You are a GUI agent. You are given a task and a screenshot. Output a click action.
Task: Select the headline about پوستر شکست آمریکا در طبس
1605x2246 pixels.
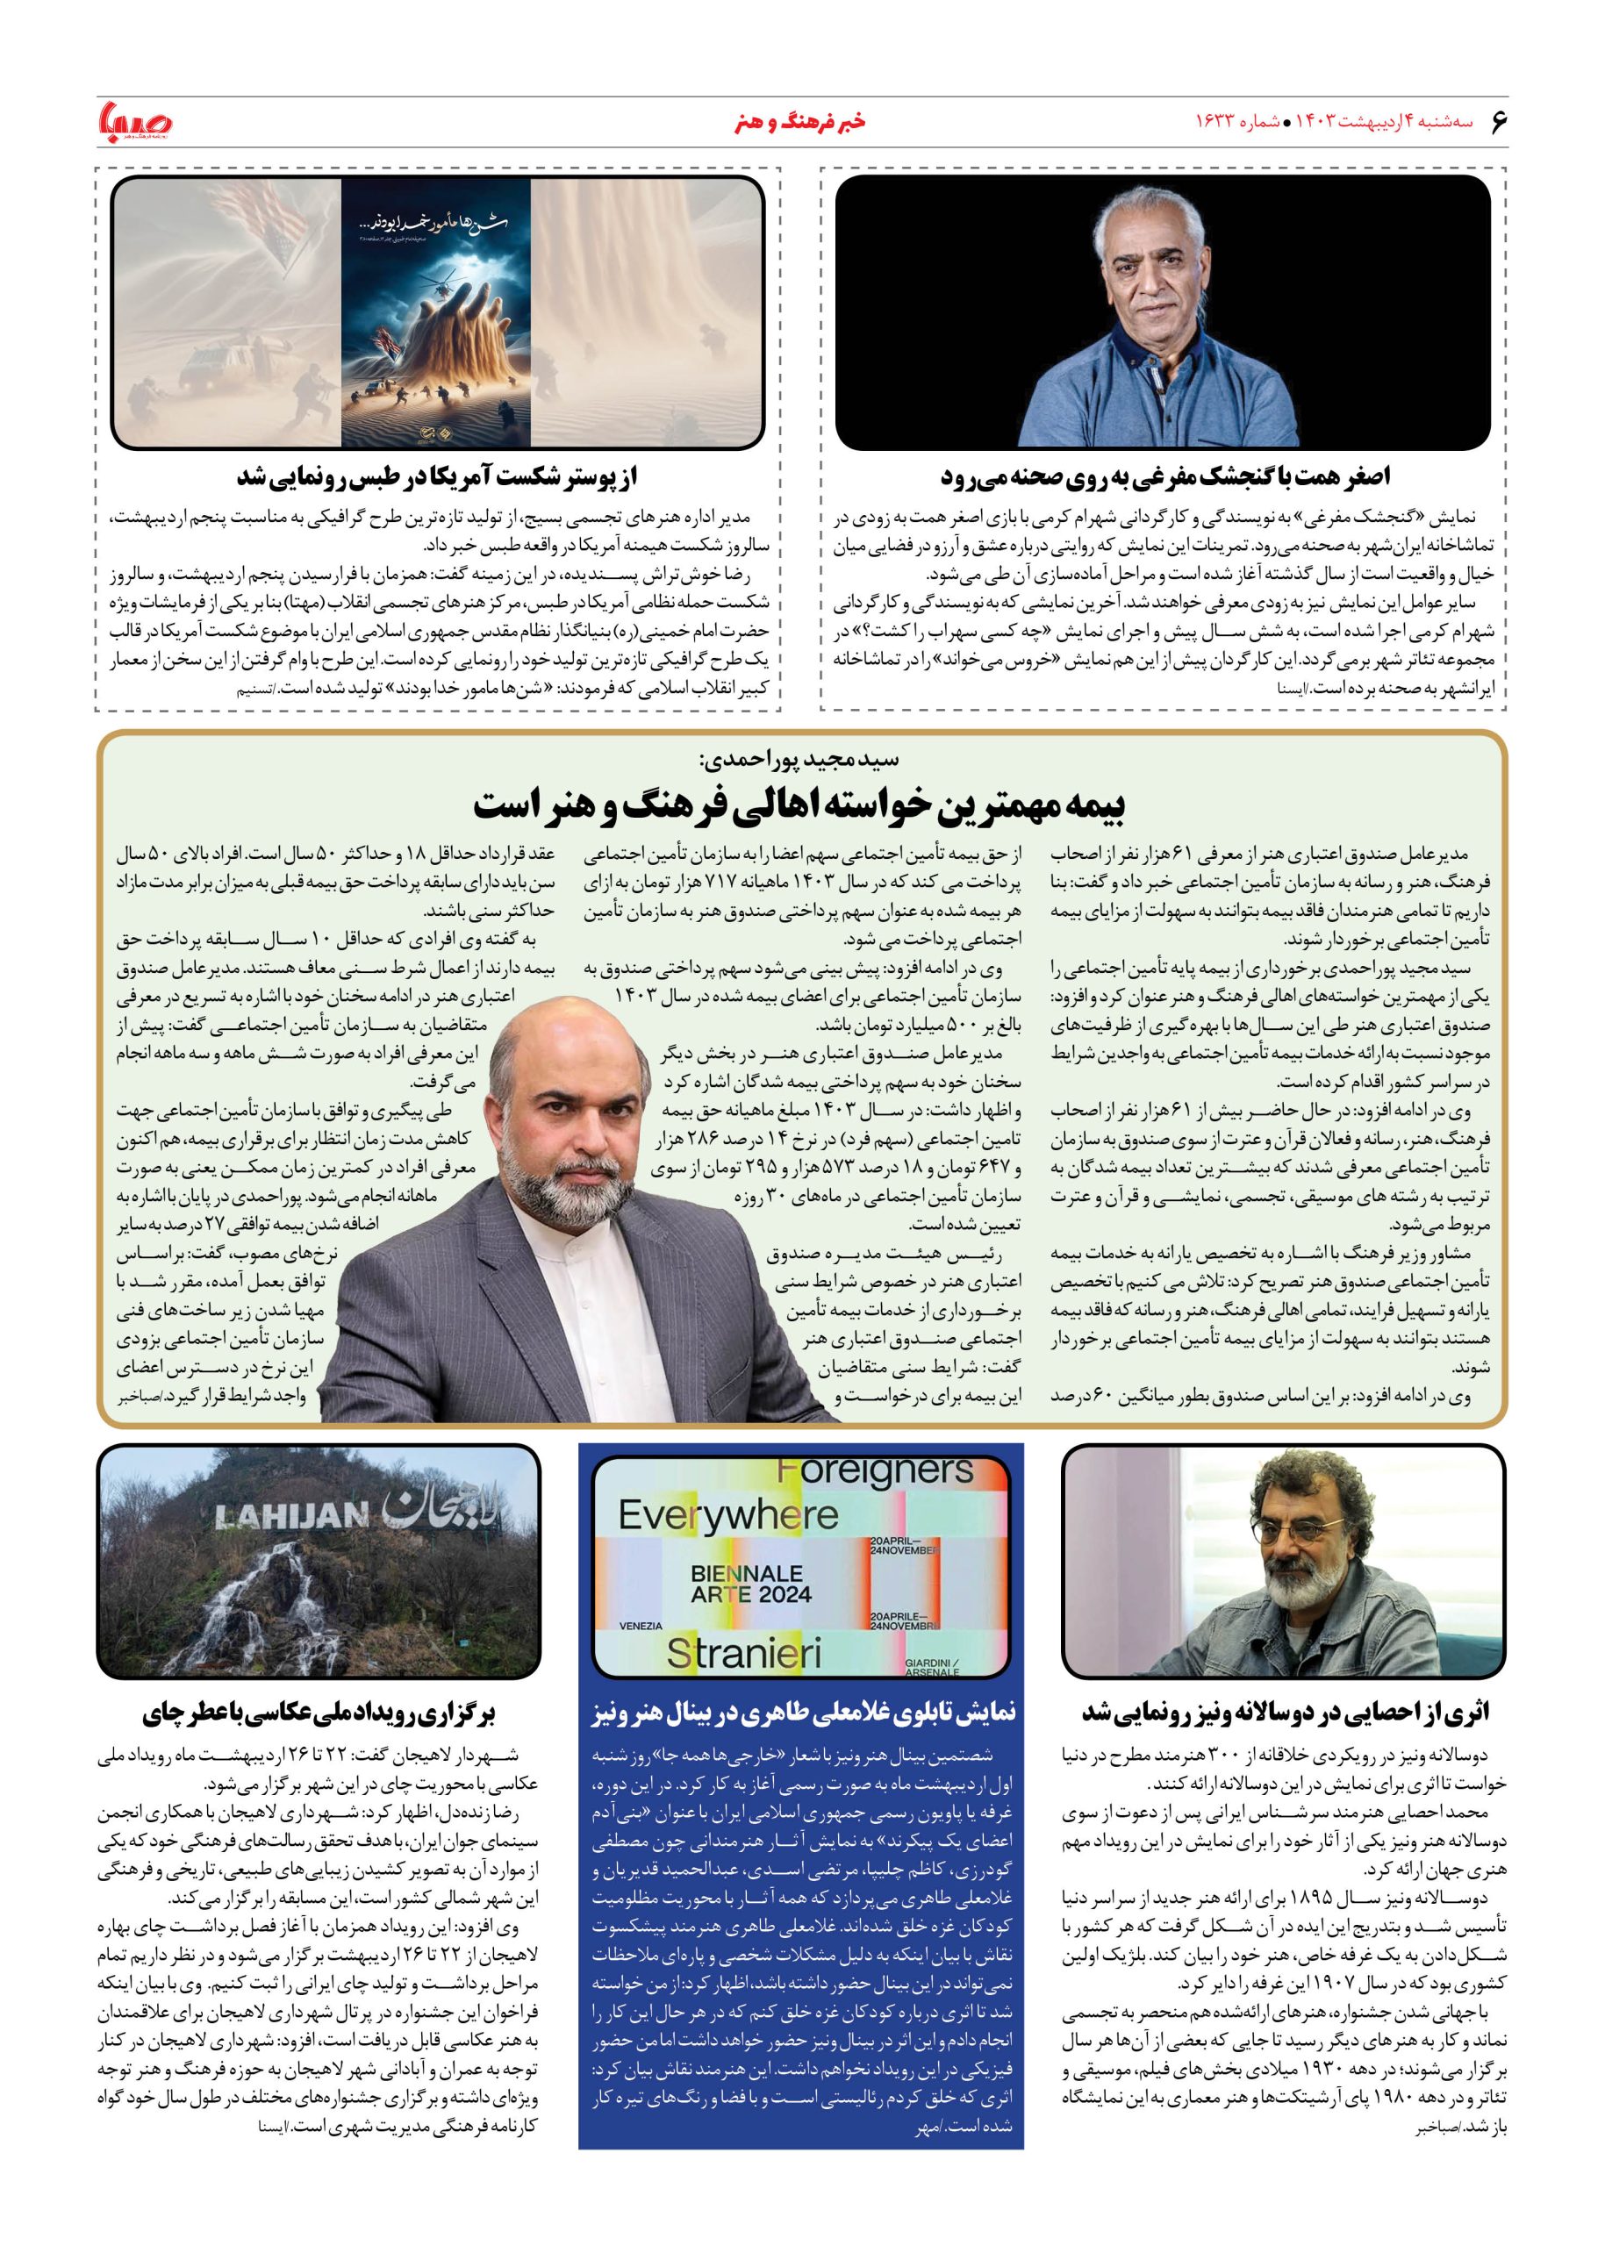pos(438,478)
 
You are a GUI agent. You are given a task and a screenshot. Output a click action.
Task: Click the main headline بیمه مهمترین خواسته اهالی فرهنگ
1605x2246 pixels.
pos(801,806)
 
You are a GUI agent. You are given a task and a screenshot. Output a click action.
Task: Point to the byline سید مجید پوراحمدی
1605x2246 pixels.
pos(801,761)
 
